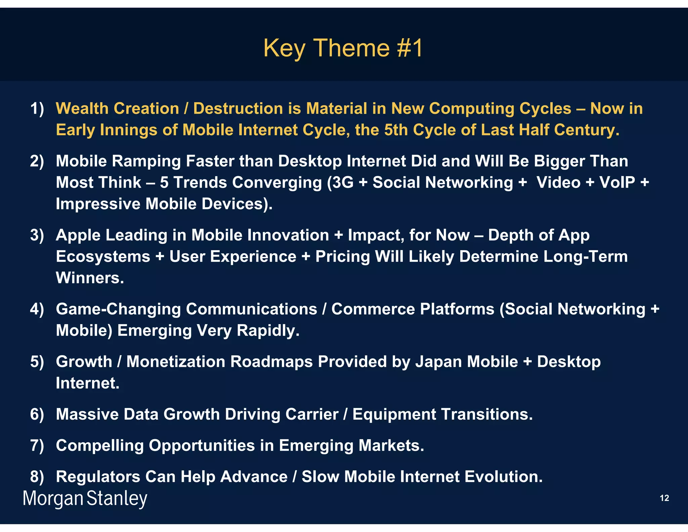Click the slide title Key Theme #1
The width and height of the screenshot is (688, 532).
343,48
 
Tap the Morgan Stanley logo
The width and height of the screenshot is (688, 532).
85,498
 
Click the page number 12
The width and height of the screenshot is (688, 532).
664,498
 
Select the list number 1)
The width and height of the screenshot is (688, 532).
37,109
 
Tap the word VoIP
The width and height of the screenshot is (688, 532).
617,183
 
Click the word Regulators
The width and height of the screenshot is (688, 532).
98,477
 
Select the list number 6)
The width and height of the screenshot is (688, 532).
37,414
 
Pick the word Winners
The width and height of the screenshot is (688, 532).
90,278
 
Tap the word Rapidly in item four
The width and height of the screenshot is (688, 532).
268,331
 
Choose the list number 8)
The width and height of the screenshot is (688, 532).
37,477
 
